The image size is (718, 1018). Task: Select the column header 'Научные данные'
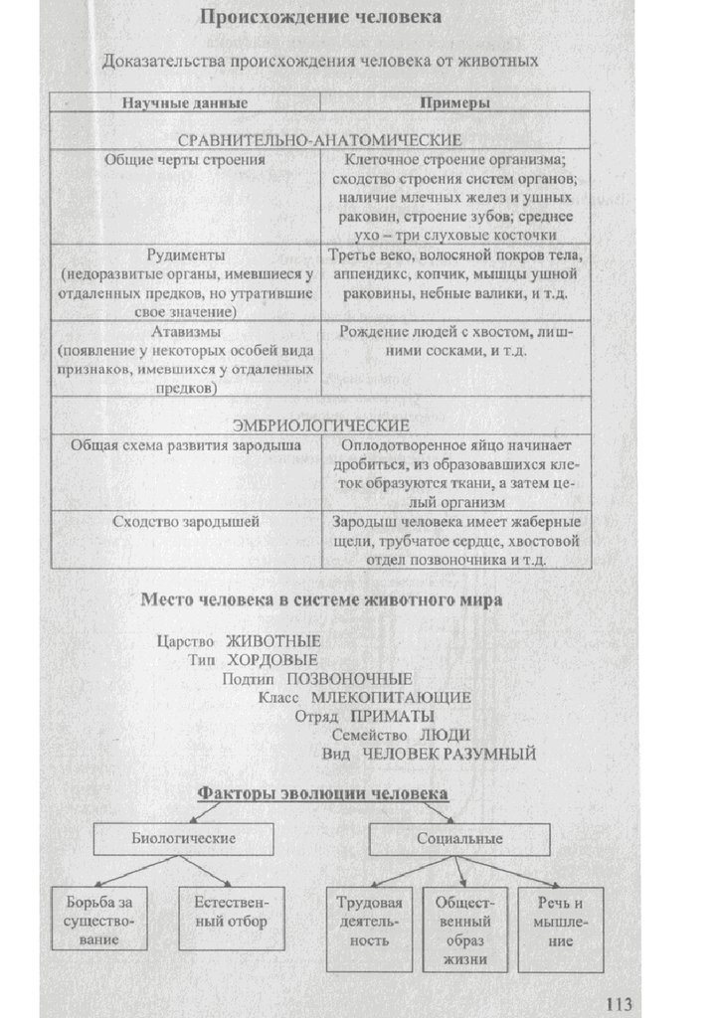[x=185, y=103]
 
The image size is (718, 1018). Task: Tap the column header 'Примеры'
[x=454, y=103]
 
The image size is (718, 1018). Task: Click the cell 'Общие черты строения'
[x=186, y=158]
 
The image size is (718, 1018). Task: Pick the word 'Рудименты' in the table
[x=186, y=254]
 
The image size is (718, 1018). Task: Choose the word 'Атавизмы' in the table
[x=186, y=332]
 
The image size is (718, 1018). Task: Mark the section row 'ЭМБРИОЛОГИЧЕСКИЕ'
[x=320, y=424]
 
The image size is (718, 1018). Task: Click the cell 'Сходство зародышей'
[x=186, y=521]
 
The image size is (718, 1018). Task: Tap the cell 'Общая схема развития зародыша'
[x=186, y=445]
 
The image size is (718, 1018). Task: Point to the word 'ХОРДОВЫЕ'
[x=272, y=659]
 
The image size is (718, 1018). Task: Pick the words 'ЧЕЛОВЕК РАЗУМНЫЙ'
[x=449, y=754]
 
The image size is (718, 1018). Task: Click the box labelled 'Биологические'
[x=184, y=839]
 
